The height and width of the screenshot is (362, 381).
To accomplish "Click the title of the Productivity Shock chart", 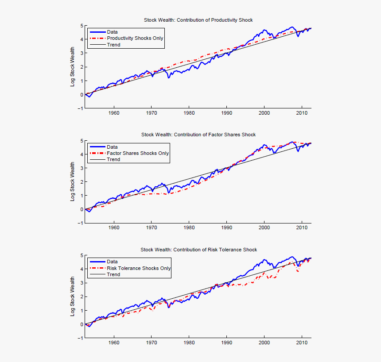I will (198, 20).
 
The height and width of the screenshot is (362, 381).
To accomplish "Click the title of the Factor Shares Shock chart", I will (198, 135).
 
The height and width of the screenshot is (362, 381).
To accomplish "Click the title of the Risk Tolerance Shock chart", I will (198, 250).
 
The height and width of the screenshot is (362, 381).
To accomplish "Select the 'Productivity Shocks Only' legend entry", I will (135, 38).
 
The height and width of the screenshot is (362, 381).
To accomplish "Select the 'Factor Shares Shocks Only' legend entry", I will (138, 153).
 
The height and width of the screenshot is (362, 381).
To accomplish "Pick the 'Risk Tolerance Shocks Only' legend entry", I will (139, 268).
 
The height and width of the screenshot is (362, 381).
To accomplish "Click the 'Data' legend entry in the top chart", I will (113, 32).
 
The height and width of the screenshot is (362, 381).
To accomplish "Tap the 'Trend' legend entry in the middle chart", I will (113, 159).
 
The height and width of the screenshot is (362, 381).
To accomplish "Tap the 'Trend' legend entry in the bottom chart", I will (113, 274).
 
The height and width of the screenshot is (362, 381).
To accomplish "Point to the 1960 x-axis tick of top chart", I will (114, 113).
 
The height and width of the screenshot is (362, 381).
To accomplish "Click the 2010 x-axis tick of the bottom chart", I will (302, 343).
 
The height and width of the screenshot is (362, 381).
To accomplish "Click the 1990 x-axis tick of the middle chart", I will (226, 228).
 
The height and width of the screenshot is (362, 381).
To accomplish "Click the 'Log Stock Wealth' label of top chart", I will (73, 67).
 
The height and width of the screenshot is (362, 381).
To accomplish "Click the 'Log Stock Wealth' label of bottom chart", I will (73, 297).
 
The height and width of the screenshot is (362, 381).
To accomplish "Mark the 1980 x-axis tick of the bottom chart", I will (189, 343).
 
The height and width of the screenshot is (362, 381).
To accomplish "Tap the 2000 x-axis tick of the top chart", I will (264, 113).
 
